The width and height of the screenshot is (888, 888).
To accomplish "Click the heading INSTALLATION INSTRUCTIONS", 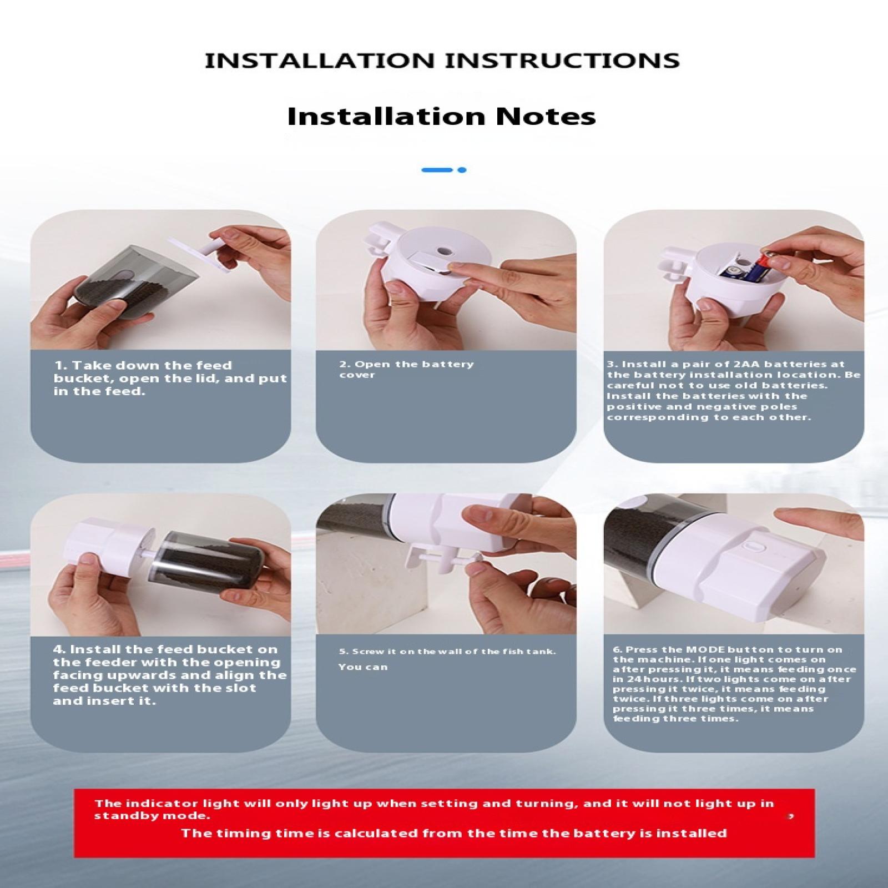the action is pyautogui.click(x=442, y=60).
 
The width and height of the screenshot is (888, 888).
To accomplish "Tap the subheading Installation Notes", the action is pyautogui.click(x=441, y=117).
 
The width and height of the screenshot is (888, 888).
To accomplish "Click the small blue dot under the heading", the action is pyautogui.click(x=462, y=170).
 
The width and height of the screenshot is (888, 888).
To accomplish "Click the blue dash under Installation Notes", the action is pyautogui.click(x=437, y=170).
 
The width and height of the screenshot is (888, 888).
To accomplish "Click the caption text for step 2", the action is pyautogui.click(x=406, y=370).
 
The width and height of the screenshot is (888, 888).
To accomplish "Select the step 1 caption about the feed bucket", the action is pyautogui.click(x=170, y=378).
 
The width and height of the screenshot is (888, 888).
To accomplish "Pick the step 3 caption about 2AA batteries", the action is pyautogui.click(x=733, y=391).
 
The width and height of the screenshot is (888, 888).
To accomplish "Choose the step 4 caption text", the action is pyautogui.click(x=170, y=675).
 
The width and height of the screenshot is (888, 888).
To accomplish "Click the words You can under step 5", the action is pyautogui.click(x=363, y=667).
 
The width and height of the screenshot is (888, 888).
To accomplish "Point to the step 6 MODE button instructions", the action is pyautogui.click(x=734, y=684).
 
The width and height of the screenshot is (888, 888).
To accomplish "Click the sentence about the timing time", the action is pyautogui.click(x=453, y=833).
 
